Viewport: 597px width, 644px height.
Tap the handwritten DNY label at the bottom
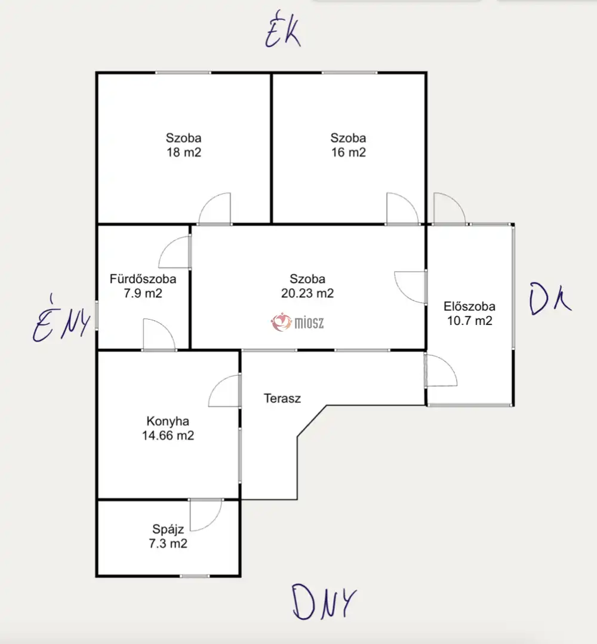point(324,602)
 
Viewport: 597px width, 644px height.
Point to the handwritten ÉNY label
point(61,319)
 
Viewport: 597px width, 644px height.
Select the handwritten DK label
point(550,299)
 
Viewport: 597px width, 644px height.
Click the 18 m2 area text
point(184,152)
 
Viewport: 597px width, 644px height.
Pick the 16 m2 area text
point(349,152)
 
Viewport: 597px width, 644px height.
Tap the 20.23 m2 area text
point(307,293)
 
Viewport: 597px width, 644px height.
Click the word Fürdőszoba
point(143,279)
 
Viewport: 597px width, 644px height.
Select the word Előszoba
point(469,306)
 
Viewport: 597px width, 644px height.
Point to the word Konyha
point(168,421)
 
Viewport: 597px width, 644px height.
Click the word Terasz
point(282,398)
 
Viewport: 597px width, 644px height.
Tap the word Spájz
point(168,529)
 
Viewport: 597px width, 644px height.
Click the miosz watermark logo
point(297,323)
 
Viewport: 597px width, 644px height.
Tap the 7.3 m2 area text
point(168,544)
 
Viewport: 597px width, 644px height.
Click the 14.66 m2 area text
point(168,436)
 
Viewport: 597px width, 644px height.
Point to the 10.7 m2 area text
point(469,321)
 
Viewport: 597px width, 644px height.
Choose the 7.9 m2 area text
point(143,293)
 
